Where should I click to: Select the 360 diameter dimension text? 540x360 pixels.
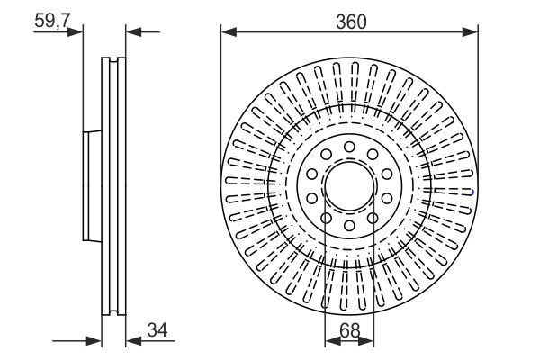pyautogui.click(x=351, y=20)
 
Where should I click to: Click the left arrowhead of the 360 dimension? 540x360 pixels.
pyautogui.click(x=227, y=32)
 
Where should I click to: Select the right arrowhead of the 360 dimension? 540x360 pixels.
pyautogui.click(x=472, y=32)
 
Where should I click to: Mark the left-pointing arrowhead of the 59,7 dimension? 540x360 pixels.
pyautogui.click(x=131, y=32)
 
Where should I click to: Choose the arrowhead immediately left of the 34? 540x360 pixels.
pyautogui.click(x=131, y=340)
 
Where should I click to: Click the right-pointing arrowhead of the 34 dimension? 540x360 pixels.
pyautogui.click(x=94, y=340)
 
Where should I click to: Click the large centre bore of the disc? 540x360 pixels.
pyautogui.click(x=349, y=190)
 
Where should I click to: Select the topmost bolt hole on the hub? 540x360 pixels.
pyautogui.click(x=349, y=146)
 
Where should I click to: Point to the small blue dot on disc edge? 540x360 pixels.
pyautogui.click(x=473, y=191)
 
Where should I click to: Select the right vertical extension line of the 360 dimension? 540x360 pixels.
pyautogui.click(x=478, y=108)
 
